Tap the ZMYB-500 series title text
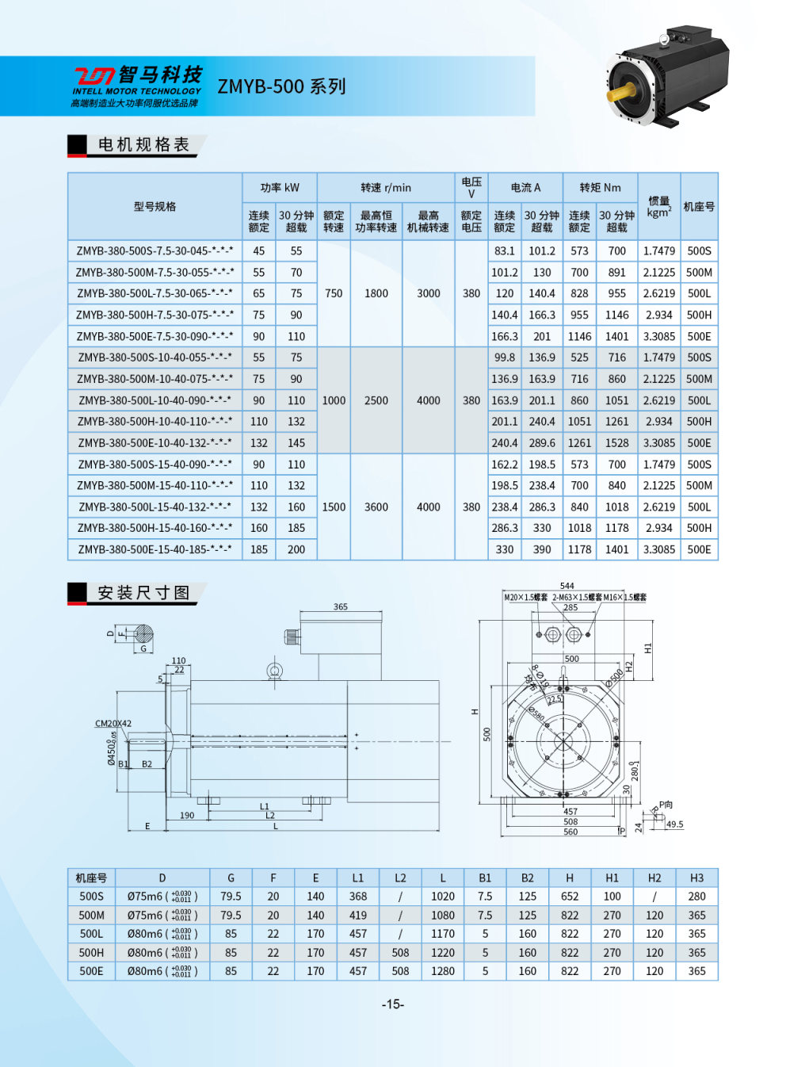pos(281,86)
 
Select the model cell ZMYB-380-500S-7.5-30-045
pos(155,251)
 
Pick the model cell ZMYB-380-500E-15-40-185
pos(155,549)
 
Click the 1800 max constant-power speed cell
pos(376,293)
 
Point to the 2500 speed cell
pos(376,400)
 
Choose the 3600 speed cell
pos(376,507)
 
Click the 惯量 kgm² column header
pos(658,206)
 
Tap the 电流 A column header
pos(525,188)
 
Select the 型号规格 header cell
pos(155,206)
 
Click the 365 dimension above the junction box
pos(341,606)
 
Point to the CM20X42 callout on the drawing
pos(113,723)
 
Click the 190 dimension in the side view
pos(187,815)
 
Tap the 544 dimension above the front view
pos(567,586)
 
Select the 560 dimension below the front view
pos(570,832)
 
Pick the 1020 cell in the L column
pos(442,897)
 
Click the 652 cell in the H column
pos(570,897)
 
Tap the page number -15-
pos(393,1004)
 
